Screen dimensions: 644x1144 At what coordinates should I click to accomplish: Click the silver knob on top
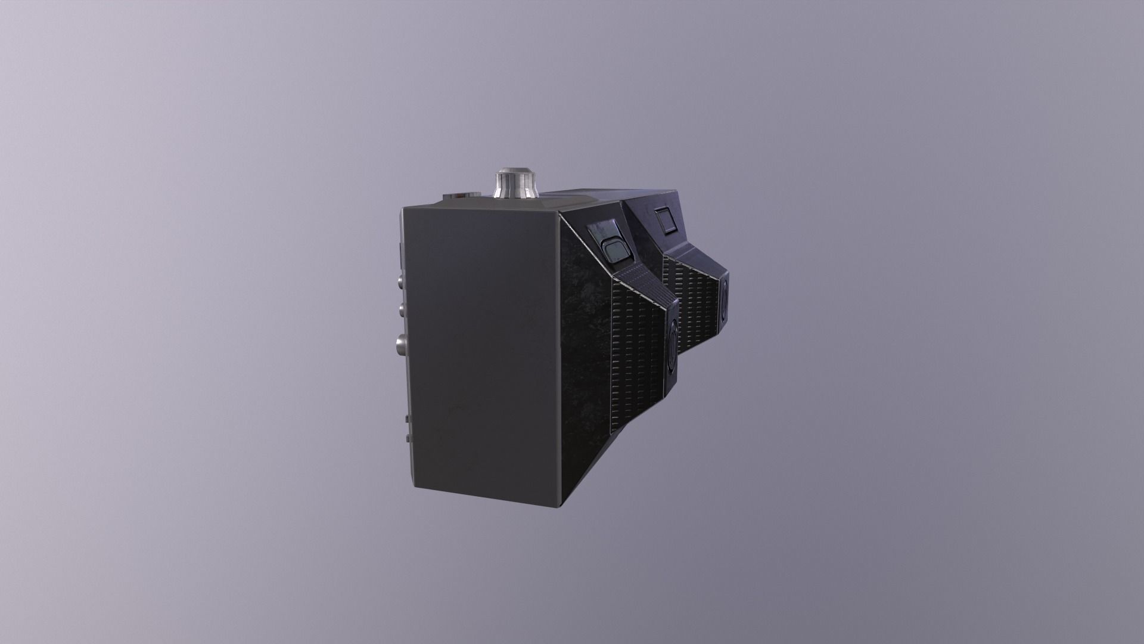point(514,184)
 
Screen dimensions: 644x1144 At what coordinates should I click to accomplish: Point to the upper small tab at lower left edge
point(408,419)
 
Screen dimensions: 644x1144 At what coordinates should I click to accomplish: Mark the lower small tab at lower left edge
point(408,439)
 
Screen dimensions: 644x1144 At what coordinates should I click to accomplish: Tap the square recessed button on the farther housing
point(664,222)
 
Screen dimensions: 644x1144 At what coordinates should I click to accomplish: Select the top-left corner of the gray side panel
point(403,208)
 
